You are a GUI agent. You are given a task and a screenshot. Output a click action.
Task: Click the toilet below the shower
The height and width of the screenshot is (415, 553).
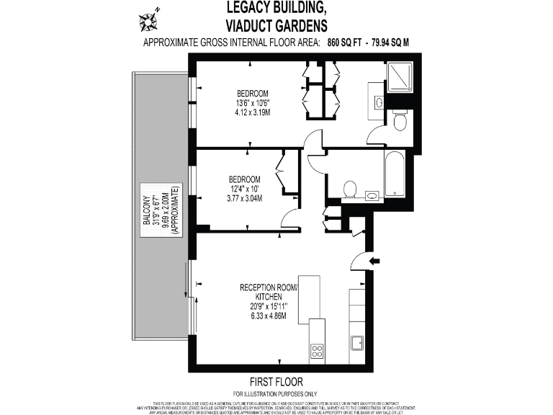point(400,120)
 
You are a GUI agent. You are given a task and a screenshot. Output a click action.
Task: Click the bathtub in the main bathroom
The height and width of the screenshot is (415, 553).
point(396,173)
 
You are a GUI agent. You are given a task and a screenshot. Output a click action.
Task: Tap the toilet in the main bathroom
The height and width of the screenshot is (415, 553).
point(349,189)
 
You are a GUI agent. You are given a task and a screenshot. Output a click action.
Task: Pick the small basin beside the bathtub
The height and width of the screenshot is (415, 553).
point(372,195)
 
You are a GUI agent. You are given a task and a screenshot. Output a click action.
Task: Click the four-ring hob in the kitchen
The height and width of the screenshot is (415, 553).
point(317,351)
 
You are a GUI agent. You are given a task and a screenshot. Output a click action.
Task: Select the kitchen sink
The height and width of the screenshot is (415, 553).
point(356,343)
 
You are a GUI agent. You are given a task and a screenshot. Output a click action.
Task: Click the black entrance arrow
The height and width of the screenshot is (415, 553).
point(374,260)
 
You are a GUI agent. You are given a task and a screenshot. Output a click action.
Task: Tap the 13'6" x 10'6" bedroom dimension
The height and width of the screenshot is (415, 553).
point(253,103)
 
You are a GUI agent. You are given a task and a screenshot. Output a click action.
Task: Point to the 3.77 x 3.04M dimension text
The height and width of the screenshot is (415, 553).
point(244,199)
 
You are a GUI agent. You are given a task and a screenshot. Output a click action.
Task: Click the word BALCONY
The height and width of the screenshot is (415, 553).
point(146,212)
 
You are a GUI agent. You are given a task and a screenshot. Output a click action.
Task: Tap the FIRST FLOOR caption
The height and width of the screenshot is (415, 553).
point(276,381)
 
